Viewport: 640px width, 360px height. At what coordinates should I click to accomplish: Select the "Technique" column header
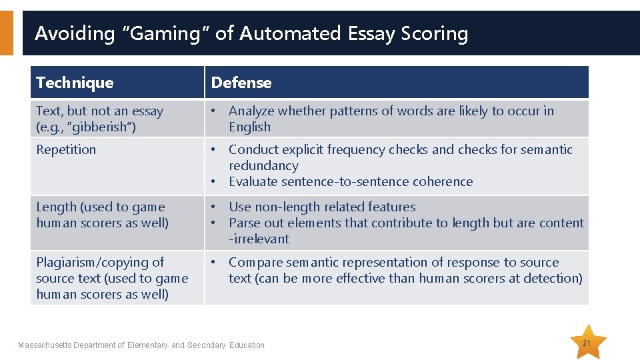click(75, 83)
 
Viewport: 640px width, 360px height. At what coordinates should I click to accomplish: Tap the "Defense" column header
click(241, 83)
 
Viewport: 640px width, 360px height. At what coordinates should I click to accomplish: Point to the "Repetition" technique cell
click(66, 149)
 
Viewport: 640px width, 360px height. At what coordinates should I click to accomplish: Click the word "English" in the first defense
click(249, 127)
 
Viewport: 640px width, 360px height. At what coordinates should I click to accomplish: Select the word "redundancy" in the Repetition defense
click(263, 165)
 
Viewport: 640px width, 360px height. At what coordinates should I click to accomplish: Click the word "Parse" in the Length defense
click(245, 223)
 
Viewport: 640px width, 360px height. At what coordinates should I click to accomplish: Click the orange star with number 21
click(587, 343)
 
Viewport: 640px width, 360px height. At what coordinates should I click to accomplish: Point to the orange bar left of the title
click(6, 33)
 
